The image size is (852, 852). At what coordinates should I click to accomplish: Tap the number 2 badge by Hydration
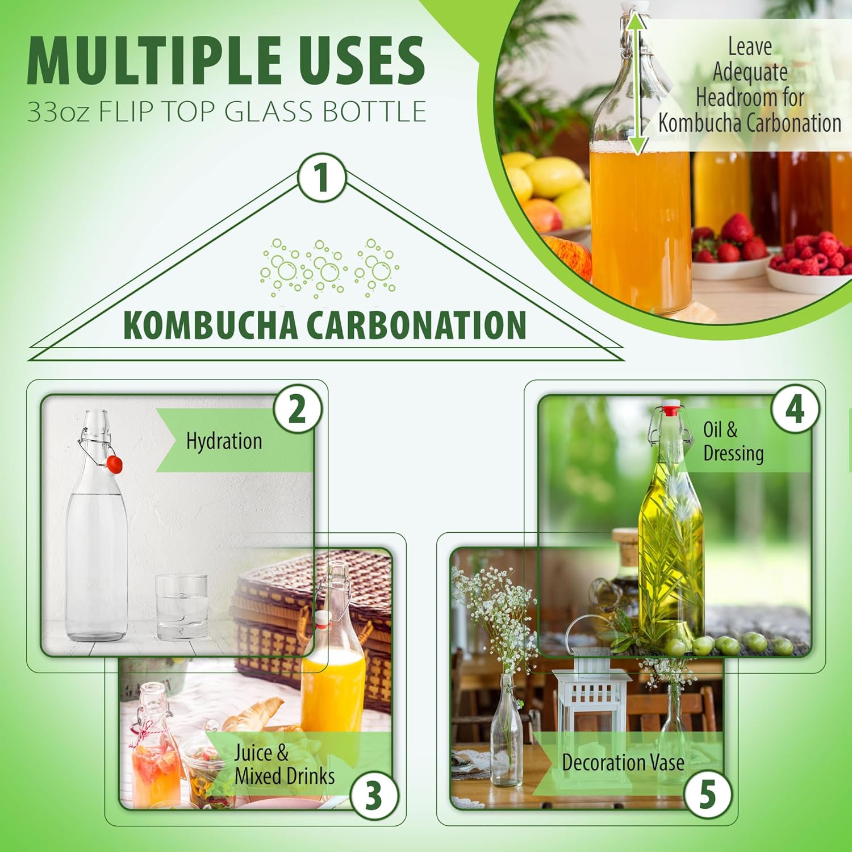[297, 410]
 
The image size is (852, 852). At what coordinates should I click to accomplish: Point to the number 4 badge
[795, 409]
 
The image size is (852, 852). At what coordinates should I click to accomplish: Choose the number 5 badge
[707, 794]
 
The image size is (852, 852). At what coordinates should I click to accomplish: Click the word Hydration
[224, 441]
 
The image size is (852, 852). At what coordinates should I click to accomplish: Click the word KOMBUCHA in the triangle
[210, 325]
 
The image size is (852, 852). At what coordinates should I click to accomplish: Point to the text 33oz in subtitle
[58, 111]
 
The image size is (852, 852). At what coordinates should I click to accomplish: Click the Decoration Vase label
[623, 762]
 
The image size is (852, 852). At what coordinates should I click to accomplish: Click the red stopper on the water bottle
[114, 464]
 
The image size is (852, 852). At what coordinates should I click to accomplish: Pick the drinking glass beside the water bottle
[182, 607]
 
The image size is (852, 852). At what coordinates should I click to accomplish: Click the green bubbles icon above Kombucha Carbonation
[329, 268]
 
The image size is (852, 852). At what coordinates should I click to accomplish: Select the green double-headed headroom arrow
[638, 83]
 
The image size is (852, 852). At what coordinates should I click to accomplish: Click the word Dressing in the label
[733, 454]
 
